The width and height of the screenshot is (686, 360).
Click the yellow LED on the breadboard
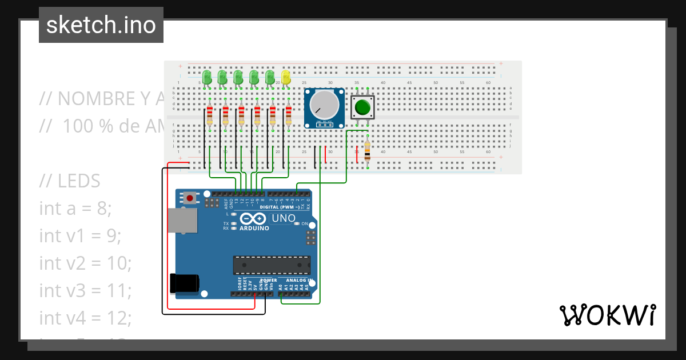point(286,77)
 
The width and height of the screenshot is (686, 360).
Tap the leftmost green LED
point(208,77)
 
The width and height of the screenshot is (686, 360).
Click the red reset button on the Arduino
point(189,198)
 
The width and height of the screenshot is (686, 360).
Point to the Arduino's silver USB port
point(182,220)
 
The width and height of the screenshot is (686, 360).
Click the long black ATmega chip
point(272,265)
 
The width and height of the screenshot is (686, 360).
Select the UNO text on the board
point(284,218)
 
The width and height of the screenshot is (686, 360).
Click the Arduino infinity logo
point(253,219)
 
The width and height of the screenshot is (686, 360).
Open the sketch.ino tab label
point(101,25)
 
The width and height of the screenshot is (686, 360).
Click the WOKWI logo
point(607,315)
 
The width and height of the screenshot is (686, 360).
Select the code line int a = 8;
point(75,209)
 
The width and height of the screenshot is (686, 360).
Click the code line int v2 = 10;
point(85,263)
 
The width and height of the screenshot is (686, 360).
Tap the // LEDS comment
point(70,181)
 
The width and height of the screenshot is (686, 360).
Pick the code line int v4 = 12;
point(85,318)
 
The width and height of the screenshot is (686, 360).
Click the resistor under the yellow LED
point(288,115)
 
